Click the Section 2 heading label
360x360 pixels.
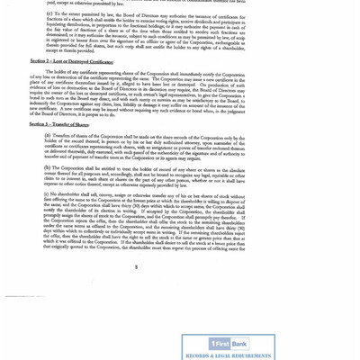click(x=40, y=62)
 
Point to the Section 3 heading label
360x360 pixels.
click(x=40, y=124)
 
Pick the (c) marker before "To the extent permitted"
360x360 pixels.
click(x=49, y=14)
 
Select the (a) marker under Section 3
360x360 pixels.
click(x=48, y=135)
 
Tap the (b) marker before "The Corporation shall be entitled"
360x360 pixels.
click(x=48, y=167)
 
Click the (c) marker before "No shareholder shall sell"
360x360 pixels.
click(x=48, y=193)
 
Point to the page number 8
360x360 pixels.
click(x=138, y=266)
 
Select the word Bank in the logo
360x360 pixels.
click(x=239, y=344)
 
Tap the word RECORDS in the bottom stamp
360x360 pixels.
click(x=201, y=355)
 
